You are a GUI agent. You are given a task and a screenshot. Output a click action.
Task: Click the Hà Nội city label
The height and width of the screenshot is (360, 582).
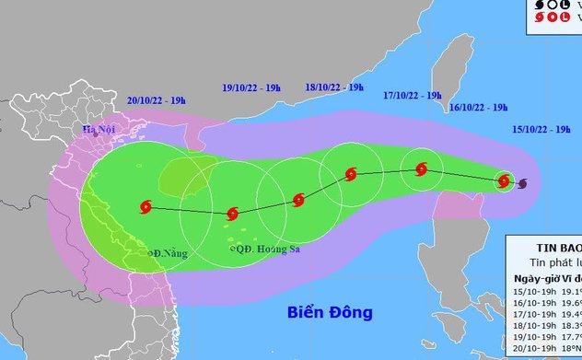click(x=96, y=130)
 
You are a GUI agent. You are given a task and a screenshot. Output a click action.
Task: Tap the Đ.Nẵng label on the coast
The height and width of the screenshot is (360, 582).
click(x=168, y=251)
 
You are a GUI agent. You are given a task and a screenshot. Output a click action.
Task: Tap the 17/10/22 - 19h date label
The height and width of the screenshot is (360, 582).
click(x=413, y=95)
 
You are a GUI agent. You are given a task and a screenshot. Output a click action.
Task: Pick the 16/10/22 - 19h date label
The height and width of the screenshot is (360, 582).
click(x=480, y=108)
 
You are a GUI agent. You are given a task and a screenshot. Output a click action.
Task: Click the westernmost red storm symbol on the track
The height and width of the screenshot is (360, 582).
click(x=145, y=207)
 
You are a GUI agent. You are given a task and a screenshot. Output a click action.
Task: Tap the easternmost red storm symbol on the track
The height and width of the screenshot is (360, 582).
click(x=505, y=180)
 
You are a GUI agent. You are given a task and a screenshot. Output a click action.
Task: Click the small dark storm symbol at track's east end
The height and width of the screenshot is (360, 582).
click(x=523, y=184)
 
